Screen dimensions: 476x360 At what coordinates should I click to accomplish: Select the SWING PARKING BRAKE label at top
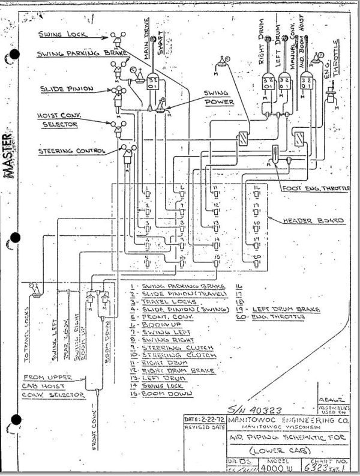pyautogui.click(x=74, y=54)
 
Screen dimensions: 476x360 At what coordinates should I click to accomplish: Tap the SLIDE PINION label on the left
pyautogui.click(x=67, y=88)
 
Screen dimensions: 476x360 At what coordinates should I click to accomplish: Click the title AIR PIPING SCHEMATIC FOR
pyautogui.click(x=277, y=439)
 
